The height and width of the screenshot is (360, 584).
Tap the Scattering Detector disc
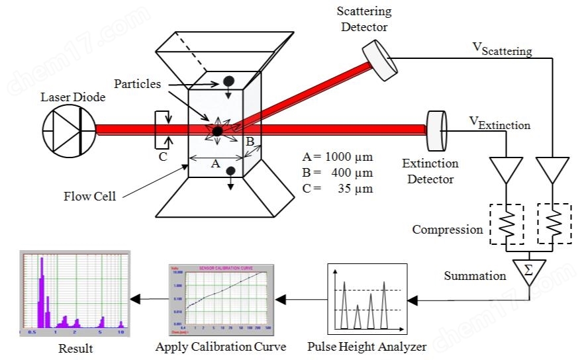(x=377, y=60)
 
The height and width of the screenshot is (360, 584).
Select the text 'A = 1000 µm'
(x=337, y=157)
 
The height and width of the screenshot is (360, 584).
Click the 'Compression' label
(x=448, y=230)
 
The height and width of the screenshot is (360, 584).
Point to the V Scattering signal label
(x=501, y=48)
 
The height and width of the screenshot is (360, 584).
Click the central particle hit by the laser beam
(x=217, y=130)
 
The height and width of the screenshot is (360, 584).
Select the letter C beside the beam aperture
(x=162, y=157)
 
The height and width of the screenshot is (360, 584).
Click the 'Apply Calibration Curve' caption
(x=220, y=346)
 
